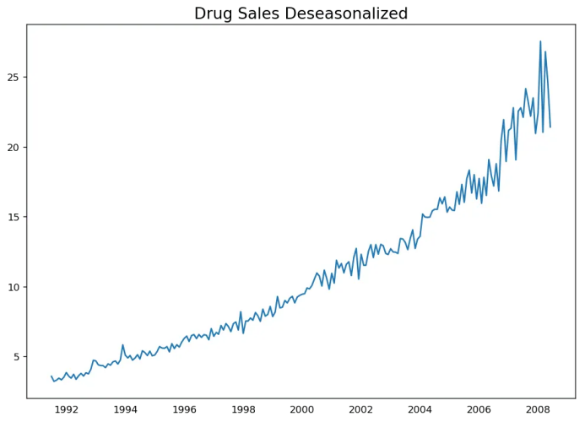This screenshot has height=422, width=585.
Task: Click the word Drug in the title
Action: [x=215, y=14]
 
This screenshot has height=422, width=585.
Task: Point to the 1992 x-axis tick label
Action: [x=67, y=409]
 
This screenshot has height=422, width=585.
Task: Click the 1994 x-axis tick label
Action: [x=126, y=409]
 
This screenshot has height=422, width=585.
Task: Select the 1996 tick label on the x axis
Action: [x=185, y=409]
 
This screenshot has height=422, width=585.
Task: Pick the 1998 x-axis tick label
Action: [x=244, y=409]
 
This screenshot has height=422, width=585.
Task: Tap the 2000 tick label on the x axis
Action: [x=302, y=409]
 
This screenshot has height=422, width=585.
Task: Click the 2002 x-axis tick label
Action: [x=361, y=409]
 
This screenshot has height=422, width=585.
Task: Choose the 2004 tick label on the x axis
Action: [x=420, y=409]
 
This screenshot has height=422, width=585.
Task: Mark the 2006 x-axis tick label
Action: [x=479, y=409]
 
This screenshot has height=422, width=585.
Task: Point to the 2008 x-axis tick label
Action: [x=538, y=409]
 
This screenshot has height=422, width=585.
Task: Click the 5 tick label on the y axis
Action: [x=17, y=357]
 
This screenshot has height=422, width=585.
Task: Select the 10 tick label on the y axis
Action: [x=14, y=287]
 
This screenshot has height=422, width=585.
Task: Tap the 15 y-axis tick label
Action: [x=14, y=217]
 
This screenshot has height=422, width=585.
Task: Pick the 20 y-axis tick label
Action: [x=14, y=147]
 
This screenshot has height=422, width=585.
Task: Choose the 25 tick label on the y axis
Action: [x=14, y=77]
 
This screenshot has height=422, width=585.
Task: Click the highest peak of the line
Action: [x=540, y=41]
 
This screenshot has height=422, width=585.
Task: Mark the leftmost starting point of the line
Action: [x=51, y=376]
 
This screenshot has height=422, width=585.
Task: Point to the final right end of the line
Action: [x=550, y=127]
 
